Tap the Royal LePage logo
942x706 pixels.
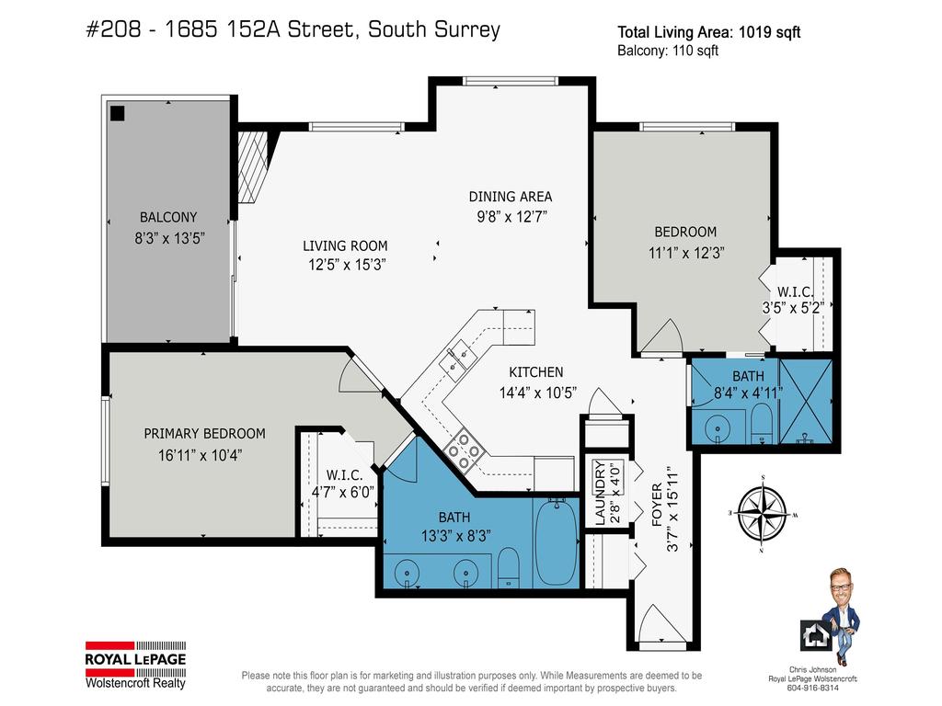coord(135,664)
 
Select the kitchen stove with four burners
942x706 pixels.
coord(464,450)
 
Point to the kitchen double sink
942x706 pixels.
coord(456,357)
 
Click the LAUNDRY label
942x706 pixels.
coord(600,492)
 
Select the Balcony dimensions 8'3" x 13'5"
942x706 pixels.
coord(168,236)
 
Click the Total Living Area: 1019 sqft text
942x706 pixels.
coord(708,32)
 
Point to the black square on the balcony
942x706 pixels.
coord(118,113)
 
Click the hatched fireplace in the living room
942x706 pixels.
coord(255,164)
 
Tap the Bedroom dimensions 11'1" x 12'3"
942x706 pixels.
coord(684,251)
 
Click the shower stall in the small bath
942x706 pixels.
coord(806,403)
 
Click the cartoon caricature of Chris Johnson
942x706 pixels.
coord(839,612)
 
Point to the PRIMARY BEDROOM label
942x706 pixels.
coord(204,433)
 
